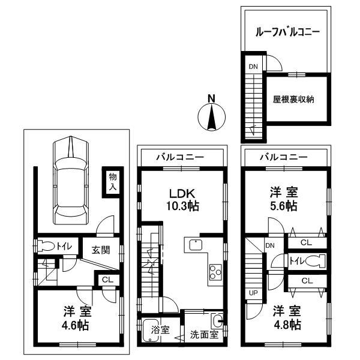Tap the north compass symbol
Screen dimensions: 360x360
211,113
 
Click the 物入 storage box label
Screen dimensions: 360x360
112,182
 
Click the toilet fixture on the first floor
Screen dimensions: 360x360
46,247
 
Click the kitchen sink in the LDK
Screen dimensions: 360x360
196,245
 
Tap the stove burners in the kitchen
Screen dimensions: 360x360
214,275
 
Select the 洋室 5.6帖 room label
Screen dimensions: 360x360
283,199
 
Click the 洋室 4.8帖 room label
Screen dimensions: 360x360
285,318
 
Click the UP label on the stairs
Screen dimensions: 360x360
252,293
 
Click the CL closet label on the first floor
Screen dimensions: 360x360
106,280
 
